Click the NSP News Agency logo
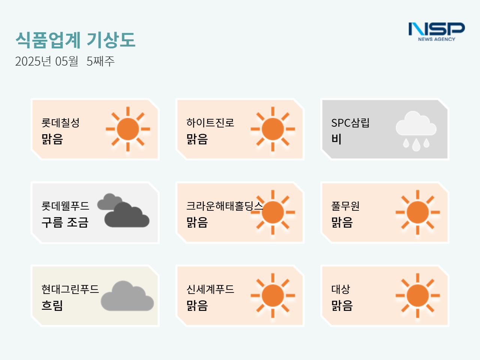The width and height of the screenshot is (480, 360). (437, 32)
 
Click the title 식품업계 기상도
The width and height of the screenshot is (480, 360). (75, 40)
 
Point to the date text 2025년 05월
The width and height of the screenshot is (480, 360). (46, 61)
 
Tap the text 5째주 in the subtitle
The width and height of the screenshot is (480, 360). (100, 61)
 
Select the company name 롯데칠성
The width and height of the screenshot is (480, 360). (61, 123)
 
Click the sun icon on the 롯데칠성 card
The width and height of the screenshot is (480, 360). (128, 129)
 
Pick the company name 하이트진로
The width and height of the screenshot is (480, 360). (210, 123)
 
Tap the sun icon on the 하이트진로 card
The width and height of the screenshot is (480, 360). (273, 129)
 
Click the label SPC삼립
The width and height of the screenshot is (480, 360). (350, 123)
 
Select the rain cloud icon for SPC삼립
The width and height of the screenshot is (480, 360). (416, 131)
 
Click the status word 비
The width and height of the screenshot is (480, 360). (336, 139)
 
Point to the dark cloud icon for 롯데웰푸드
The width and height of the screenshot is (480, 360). (123, 210)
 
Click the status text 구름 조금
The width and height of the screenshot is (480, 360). (65, 222)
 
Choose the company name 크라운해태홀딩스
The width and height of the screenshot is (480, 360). (225, 206)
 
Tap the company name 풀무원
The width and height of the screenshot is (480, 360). (345, 206)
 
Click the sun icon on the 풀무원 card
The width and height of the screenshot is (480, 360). (418, 212)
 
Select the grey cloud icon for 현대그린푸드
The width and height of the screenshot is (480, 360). (127, 296)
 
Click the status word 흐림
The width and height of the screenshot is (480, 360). (52, 305)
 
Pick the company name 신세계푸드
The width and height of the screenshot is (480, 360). (210, 289)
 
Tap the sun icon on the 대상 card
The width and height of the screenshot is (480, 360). (418, 295)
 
